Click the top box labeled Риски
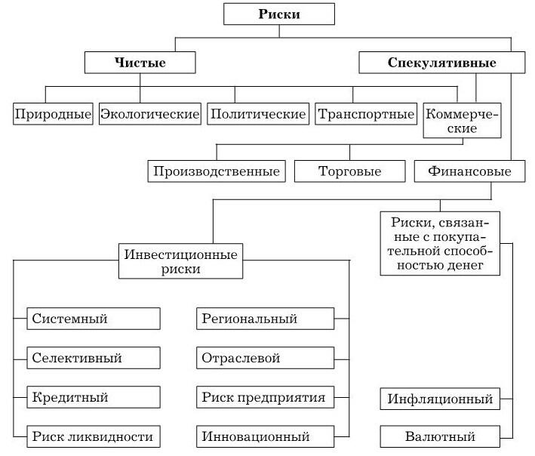pyautogui.click(x=279, y=14)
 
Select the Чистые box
pyautogui.click(x=140, y=63)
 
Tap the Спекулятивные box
pyautogui.click(x=442, y=63)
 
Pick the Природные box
pyautogui.click(x=53, y=114)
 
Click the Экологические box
pyautogui.click(x=150, y=114)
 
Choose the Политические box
pyautogui.click(x=258, y=114)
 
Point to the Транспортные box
pyautogui.click(x=366, y=114)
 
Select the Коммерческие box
pyautogui.click(x=462, y=121)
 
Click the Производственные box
pyautogui.click(x=217, y=171)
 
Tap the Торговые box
pyautogui.click(x=349, y=171)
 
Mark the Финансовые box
pyautogui.click(x=469, y=171)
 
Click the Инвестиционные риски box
pyautogui.click(x=180, y=261)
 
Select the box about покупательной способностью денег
pyautogui.click(x=440, y=243)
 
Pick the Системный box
pyautogui.click(x=94, y=319)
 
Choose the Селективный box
pyautogui.click(x=94, y=358)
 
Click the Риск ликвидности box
pyautogui.click(x=94, y=436)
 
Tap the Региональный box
pyautogui.click(x=265, y=319)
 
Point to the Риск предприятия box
pyautogui.click(x=265, y=397)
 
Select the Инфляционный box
pyautogui.click(x=440, y=399)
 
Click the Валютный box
pyautogui.click(x=440, y=436)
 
